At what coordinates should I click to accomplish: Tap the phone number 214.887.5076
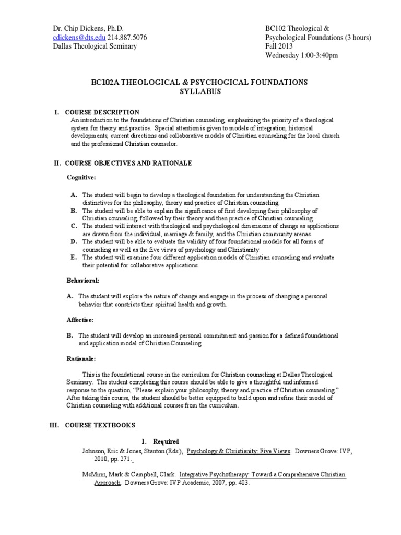pos(127,38)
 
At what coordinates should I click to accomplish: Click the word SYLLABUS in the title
pos(200,91)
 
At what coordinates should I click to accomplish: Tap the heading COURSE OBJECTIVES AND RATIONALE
pos(128,163)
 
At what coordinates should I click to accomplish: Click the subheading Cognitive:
pos(81,178)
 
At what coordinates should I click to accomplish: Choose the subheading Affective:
pos(81,319)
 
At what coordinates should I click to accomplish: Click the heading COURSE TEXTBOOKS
pos(100,425)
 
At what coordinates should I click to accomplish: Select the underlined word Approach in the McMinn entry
pos(107,483)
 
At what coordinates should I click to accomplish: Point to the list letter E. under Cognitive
pos(74,258)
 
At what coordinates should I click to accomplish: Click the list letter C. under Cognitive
pos(74,226)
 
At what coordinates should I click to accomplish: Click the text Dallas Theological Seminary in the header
pos(96,46)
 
